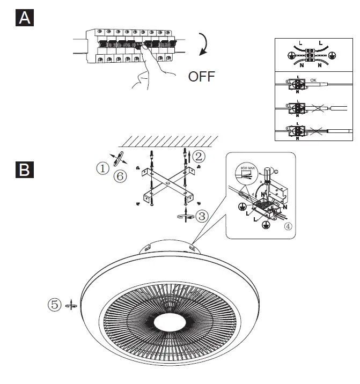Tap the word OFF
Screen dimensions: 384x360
201,77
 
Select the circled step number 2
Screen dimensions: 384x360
199,157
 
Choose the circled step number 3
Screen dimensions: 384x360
201,216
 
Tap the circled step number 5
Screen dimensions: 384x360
54,305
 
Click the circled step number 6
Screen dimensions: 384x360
121,176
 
